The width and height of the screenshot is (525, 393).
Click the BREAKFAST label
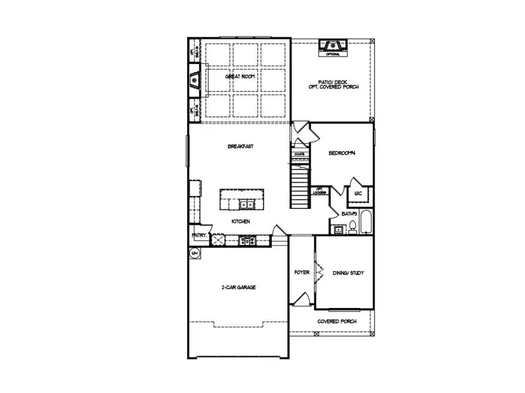(240, 147)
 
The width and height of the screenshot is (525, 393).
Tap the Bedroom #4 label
(342, 153)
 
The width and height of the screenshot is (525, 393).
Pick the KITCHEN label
(241, 222)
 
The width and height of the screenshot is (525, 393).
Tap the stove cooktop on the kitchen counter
(245, 239)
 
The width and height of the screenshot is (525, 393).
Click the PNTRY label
(198, 236)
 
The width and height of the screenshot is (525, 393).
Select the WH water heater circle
(194, 253)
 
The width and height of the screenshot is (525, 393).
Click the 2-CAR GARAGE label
(239, 287)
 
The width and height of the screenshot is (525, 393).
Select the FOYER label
(302, 272)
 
